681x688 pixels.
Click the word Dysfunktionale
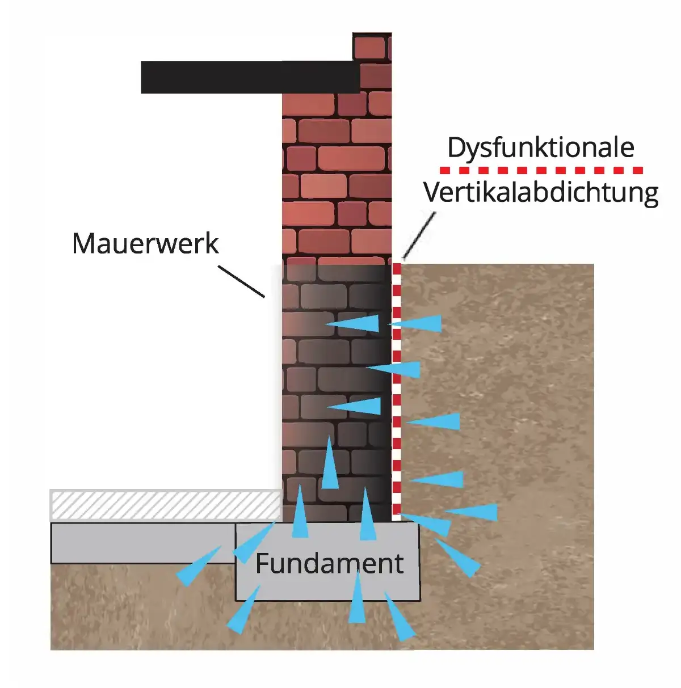pyautogui.click(x=540, y=147)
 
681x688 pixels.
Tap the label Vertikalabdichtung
pyautogui.click(x=540, y=193)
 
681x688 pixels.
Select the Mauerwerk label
pyautogui.click(x=145, y=244)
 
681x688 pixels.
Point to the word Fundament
pyautogui.click(x=329, y=564)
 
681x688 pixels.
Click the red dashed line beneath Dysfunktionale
pyautogui.click(x=541, y=170)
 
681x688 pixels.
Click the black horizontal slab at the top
pyautogui.click(x=250, y=77)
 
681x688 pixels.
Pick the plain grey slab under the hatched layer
pyautogui.click(x=142, y=543)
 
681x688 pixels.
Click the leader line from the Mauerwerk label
pyautogui.click(x=241, y=281)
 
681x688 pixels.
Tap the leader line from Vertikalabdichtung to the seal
pyautogui.click(x=419, y=236)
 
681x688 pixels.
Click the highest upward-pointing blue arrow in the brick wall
pyautogui.click(x=329, y=465)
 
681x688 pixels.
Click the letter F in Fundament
pyautogui.click(x=262, y=564)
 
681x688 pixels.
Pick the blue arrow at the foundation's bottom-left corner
pyautogui.click(x=242, y=611)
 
